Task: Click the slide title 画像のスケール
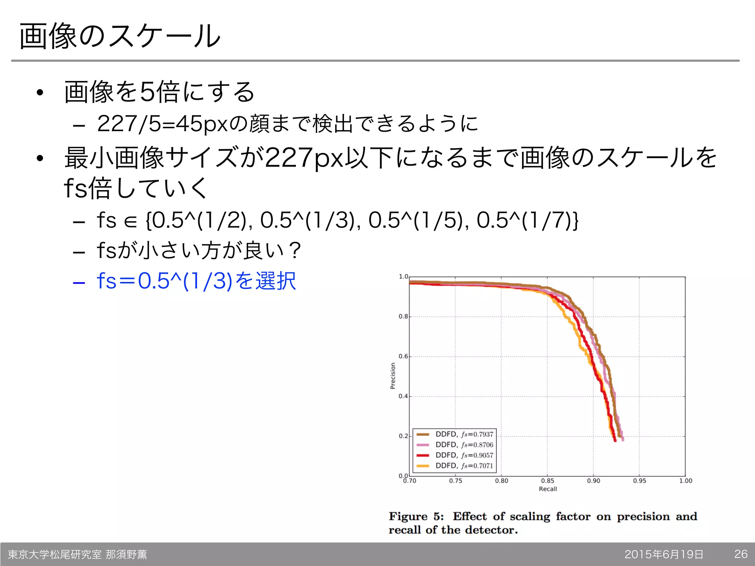120,36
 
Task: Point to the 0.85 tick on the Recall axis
547,481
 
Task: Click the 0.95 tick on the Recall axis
640,481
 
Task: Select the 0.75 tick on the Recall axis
456,481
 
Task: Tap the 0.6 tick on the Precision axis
403,356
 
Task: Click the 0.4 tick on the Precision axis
403,396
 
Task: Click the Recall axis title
548,489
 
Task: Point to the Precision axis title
393,376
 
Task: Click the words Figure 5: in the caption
416,516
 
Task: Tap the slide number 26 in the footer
741,554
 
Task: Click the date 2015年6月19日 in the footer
664,554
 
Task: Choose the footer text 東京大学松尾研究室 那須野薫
77,554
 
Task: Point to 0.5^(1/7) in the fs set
523,220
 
